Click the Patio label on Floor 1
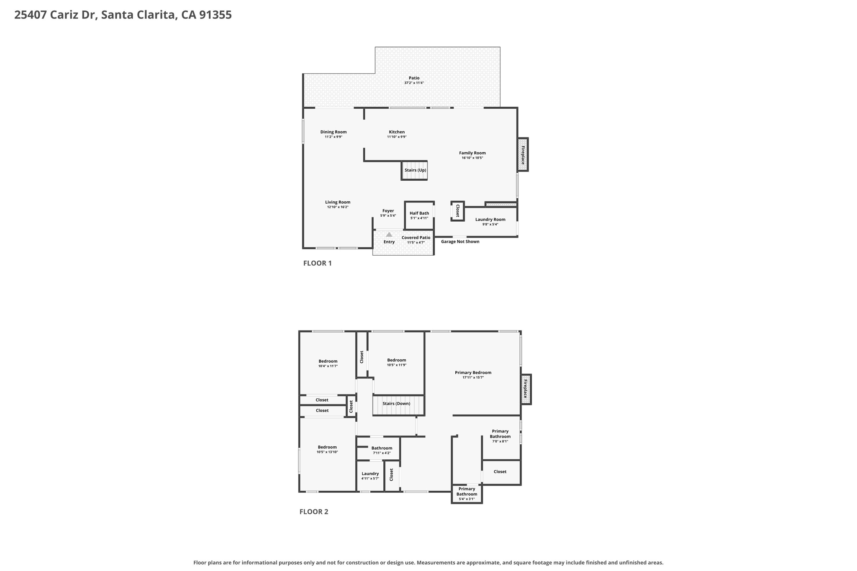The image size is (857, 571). click(x=414, y=78)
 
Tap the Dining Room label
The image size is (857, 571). click(x=334, y=132)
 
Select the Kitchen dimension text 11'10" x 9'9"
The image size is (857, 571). click(x=397, y=137)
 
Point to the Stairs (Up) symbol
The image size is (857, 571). click(x=414, y=170)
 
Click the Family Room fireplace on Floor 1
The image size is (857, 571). click(x=523, y=154)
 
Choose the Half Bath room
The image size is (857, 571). click(x=419, y=215)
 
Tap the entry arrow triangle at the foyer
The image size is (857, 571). click(x=389, y=234)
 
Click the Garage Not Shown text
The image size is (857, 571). click(x=460, y=241)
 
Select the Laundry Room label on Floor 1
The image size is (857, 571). click(x=490, y=220)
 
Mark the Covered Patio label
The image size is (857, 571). click(x=416, y=238)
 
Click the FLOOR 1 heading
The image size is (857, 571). click(x=317, y=263)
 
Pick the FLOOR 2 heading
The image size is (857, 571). click(x=314, y=512)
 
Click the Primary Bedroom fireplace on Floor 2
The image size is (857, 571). click(x=526, y=389)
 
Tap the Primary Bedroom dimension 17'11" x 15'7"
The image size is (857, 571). click(x=473, y=377)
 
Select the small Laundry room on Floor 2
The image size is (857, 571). click(x=370, y=476)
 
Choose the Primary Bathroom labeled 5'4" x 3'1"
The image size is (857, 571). click(x=467, y=494)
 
